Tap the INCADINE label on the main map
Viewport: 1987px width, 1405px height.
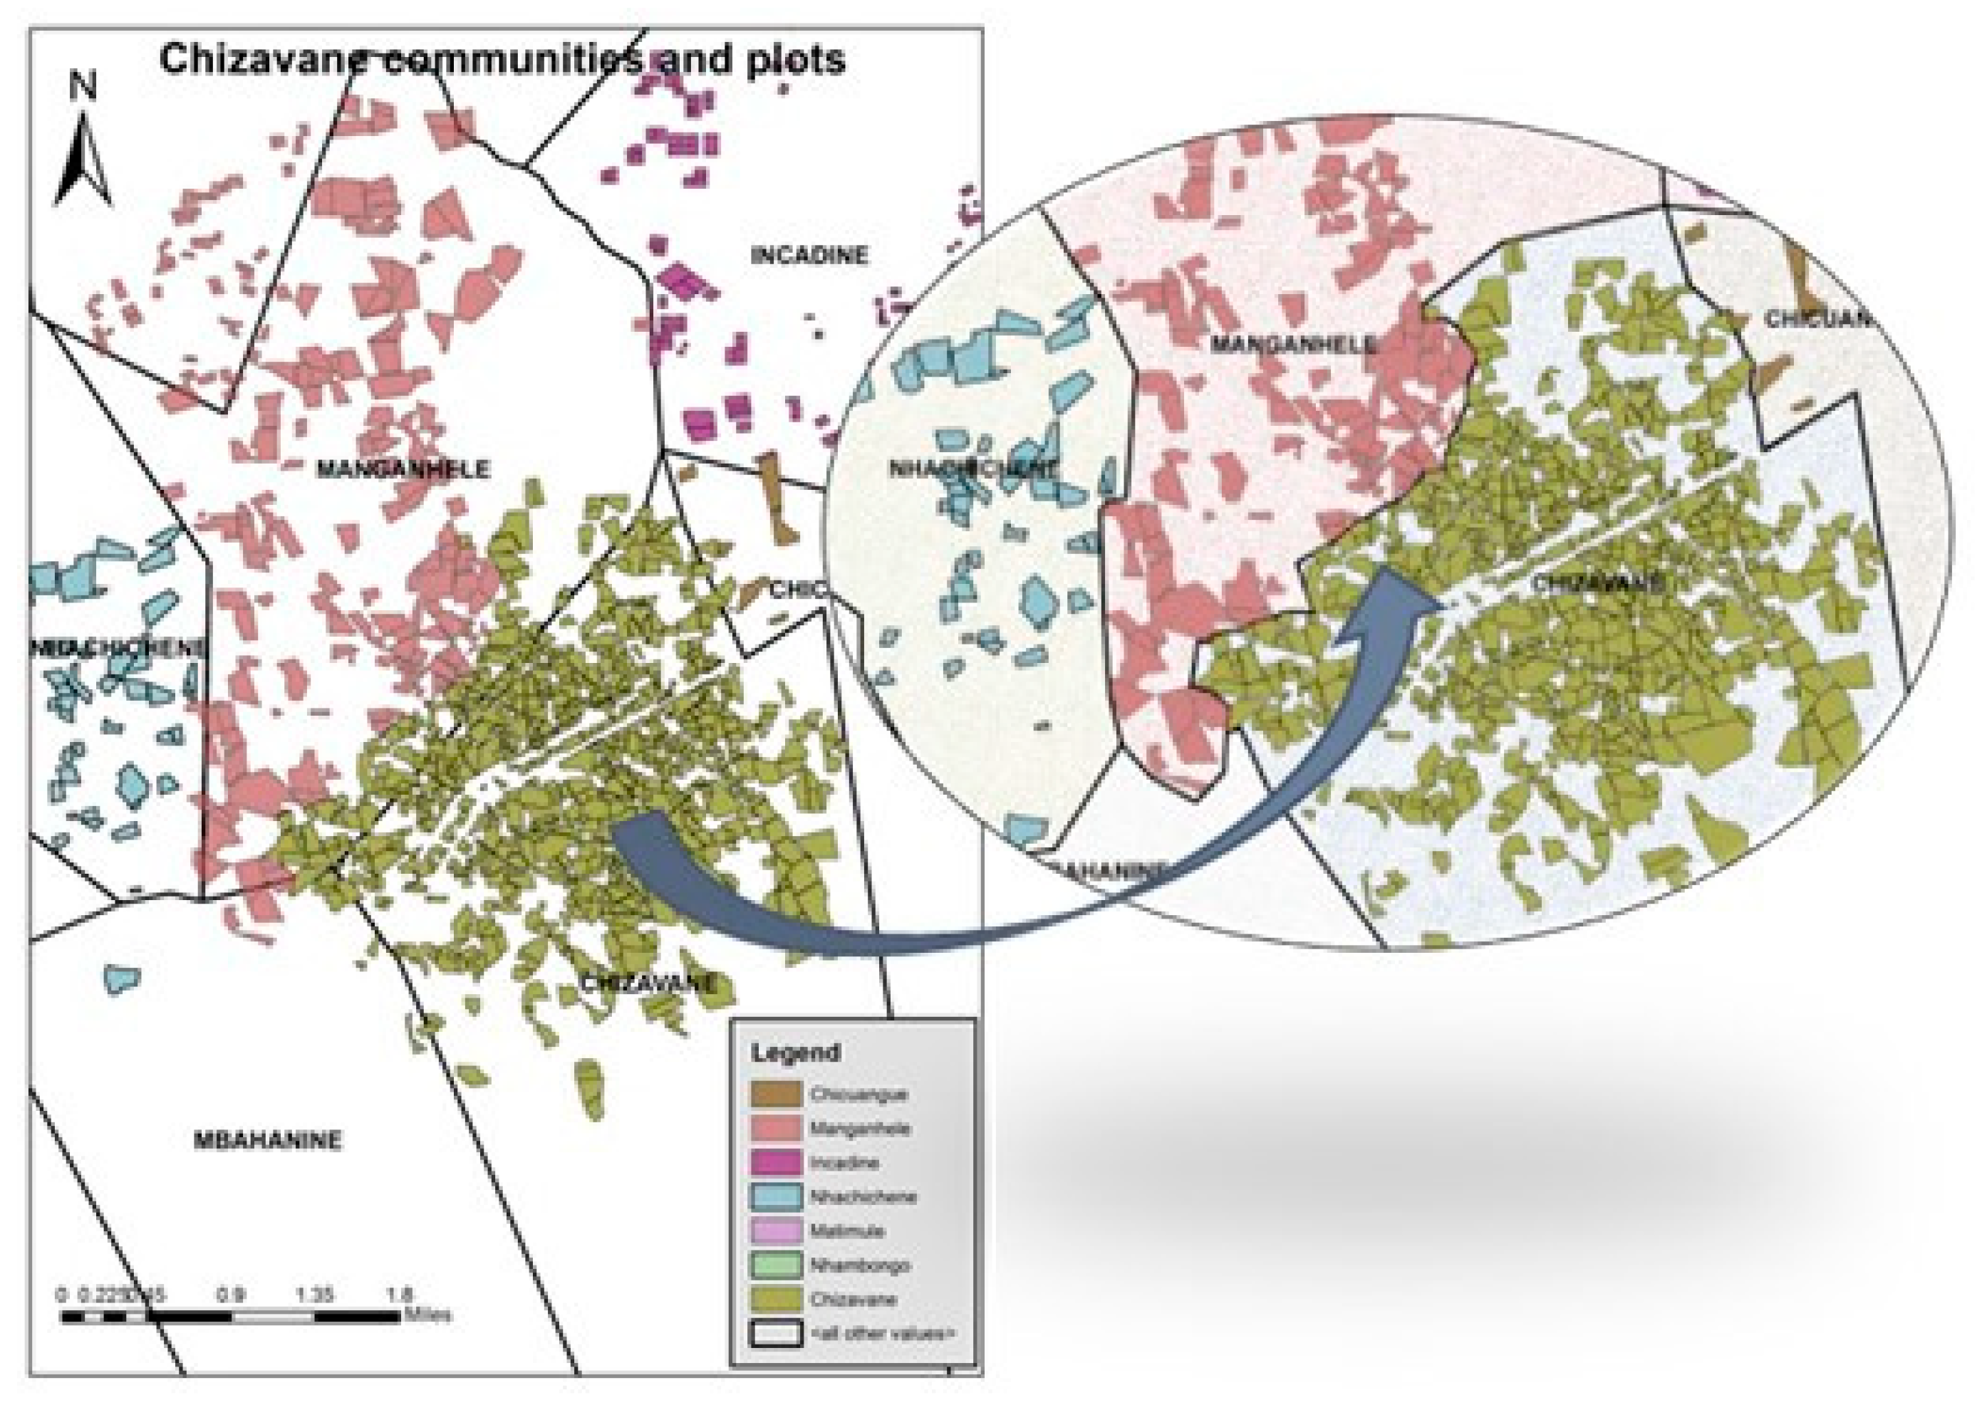(x=809, y=256)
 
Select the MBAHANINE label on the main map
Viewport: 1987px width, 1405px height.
(x=267, y=1140)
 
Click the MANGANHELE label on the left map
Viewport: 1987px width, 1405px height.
(x=403, y=470)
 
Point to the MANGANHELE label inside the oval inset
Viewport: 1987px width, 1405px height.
(x=1292, y=345)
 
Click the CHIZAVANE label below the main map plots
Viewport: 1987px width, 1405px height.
(x=648, y=983)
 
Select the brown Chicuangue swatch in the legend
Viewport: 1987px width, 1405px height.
(x=775, y=1095)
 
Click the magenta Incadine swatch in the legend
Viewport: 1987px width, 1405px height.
(x=775, y=1163)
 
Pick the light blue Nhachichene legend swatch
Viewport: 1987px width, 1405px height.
(x=775, y=1196)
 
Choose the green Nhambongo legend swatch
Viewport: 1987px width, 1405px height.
(x=775, y=1265)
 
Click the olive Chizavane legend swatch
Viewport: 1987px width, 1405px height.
(x=775, y=1300)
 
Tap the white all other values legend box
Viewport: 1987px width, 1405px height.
(x=775, y=1333)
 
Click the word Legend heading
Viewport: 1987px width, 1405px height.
(x=795, y=1053)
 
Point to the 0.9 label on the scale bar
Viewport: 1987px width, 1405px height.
(x=231, y=1295)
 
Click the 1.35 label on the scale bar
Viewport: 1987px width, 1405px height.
(x=315, y=1295)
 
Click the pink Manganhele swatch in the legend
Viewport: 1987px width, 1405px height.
(x=775, y=1129)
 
